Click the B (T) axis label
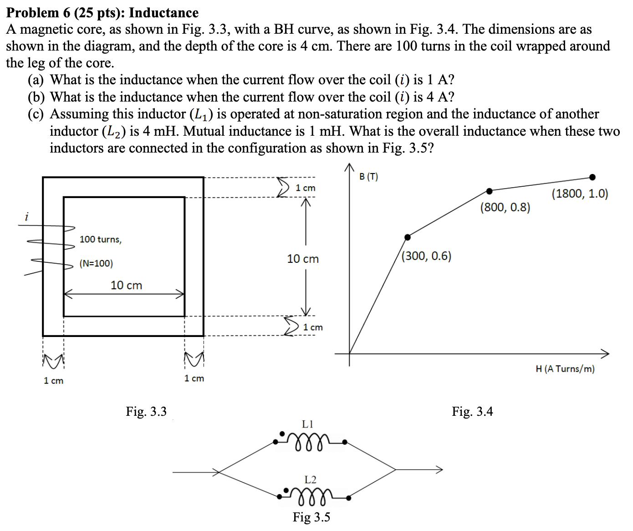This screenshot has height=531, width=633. coord(368,177)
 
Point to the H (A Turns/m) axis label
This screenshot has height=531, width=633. coord(565,369)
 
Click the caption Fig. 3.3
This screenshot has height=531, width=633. coord(146,412)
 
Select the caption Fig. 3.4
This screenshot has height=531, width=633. coord(472,412)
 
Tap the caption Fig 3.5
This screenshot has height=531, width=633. coord(311,517)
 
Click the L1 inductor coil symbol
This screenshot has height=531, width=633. coord(310,442)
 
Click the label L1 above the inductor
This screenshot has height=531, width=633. coord(308,424)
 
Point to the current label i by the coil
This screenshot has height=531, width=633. coord(26,217)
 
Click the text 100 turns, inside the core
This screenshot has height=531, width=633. coord(101,240)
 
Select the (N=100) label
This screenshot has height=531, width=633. coord(96,264)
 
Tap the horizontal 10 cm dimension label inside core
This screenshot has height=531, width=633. coord(126,286)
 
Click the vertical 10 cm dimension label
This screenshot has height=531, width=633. coord(303,259)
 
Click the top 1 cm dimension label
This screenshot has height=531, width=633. coord(305,188)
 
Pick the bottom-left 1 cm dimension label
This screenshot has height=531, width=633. coord(53,381)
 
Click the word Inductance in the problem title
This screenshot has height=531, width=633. coord(164,13)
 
